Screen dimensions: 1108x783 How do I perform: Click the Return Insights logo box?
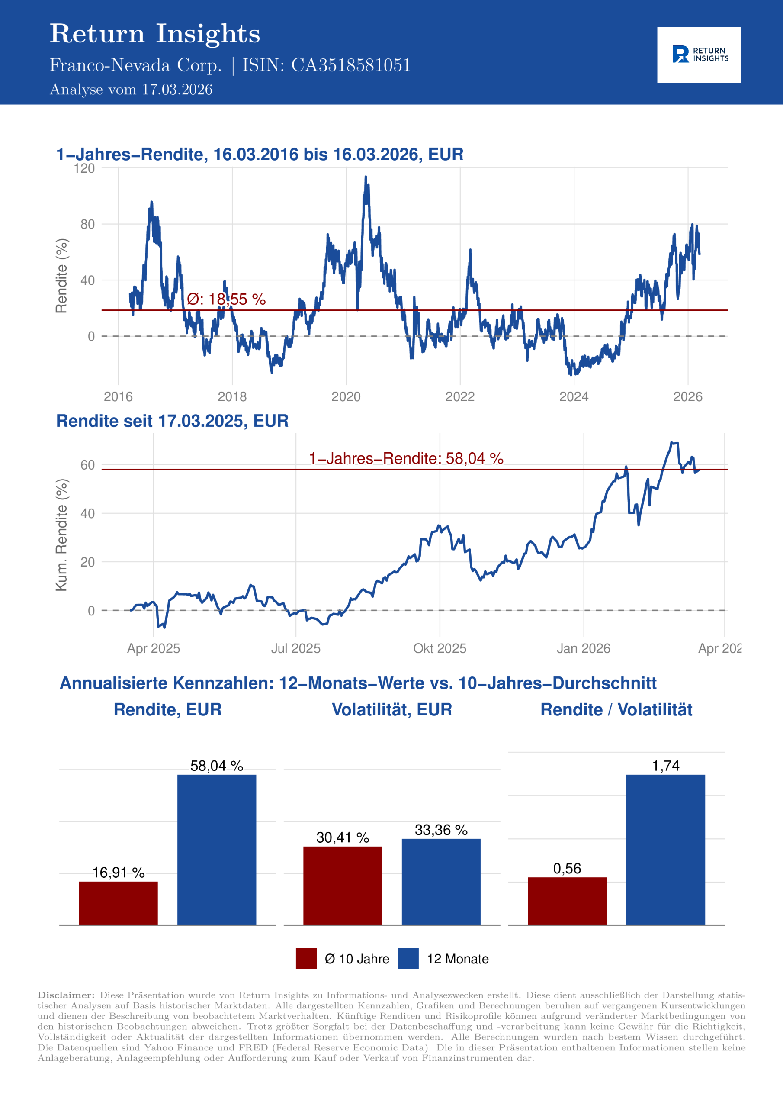(x=699, y=55)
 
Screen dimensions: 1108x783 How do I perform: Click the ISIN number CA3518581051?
(x=351, y=65)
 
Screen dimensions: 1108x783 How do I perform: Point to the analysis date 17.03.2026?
(x=176, y=90)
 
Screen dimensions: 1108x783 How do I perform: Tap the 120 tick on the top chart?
(x=84, y=168)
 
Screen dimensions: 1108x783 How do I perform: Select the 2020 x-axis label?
(x=346, y=397)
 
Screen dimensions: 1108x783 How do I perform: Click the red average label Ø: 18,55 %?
(x=226, y=299)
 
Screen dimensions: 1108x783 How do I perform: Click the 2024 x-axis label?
(x=574, y=397)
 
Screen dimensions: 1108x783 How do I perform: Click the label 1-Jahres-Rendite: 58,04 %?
(x=406, y=458)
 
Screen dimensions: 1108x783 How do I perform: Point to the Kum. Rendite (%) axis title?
(x=61, y=535)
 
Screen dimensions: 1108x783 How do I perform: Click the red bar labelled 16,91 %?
(x=118, y=903)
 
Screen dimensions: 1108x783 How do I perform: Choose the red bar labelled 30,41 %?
(x=343, y=886)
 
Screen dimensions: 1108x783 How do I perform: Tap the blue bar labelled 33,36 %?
(x=441, y=882)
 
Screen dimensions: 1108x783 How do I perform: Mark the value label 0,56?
(x=567, y=868)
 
